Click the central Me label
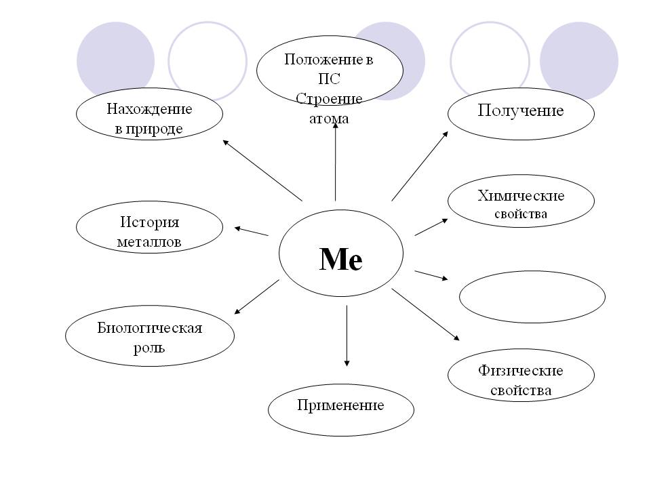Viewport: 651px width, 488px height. click(x=341, y=259)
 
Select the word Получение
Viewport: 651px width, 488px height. click(x=520, y=110)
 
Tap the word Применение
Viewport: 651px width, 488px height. click(x=340, y=405)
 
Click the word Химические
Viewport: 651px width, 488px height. click(x=521, y=196)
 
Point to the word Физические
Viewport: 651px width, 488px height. click(x=520, y=371)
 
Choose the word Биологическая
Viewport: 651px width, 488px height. click(x=150, y=329)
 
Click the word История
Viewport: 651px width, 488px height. click(x=150, y=222)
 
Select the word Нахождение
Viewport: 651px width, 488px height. click(x=149, y=109)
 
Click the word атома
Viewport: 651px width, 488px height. click(x=330, y=119)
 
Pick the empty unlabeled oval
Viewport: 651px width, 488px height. click(x=532, y=297)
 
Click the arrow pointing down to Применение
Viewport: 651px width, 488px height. click(x=347, y=335)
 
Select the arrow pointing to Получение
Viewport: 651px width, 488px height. click(x=420, y=165)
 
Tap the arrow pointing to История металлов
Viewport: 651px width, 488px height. click(x=251, y=231)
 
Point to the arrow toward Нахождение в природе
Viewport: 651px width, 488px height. click(x=262, y=169)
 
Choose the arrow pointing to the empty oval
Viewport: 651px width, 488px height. click(x=431, y=274)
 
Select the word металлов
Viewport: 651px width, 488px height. click(x=150, y=241)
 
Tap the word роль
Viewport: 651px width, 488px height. click(x=150, y=348)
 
